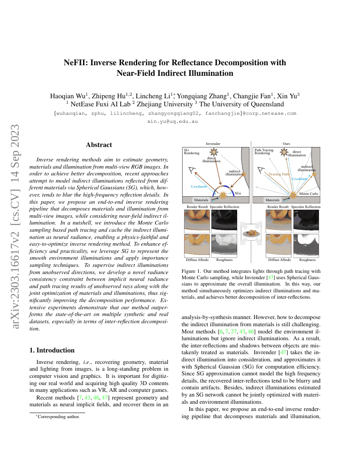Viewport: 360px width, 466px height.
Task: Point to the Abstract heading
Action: point(99,145)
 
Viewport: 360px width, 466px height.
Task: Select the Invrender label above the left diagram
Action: point(213,144)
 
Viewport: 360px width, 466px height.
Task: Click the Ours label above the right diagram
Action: point(286,144)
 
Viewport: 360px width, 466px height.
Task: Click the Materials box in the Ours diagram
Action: point(272,200)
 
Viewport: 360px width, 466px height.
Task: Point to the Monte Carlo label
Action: point(309,193)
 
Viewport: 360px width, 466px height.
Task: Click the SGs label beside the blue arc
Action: point(238,193)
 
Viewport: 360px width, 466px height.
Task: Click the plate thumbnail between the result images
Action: point(251,233)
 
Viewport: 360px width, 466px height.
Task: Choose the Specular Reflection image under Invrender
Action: point(224,221)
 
